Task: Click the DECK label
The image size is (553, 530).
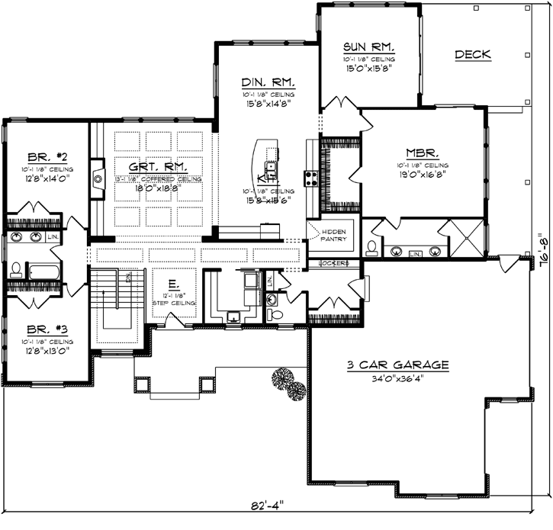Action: pos(472,54)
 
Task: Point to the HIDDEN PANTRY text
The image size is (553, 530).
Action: pos(333,234)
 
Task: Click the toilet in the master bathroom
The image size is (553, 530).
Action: pos(371,247)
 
